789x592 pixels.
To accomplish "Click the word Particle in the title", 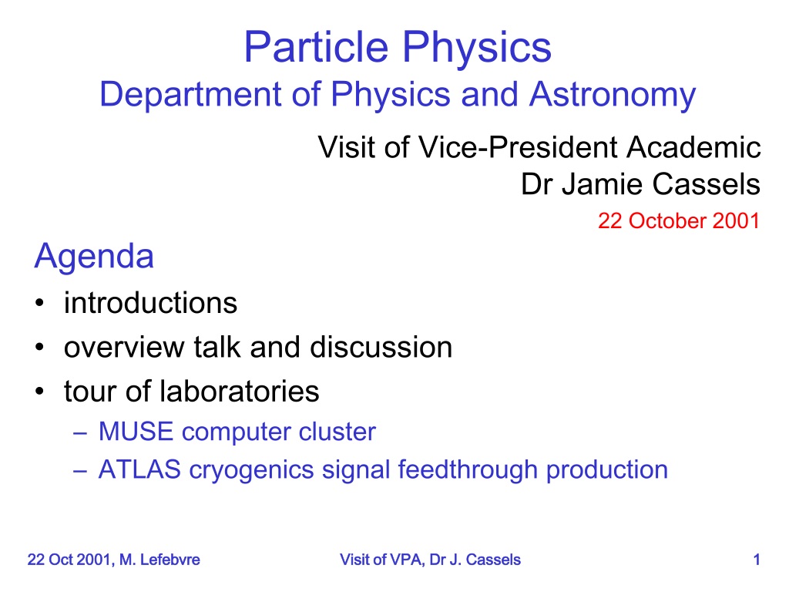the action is pyautogui.click(x=317, y=47).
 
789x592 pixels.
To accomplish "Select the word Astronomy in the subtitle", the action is pyautogui.click(x=613, y=96).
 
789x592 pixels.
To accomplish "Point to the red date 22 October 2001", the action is pyautogui.click(x=679, y=220).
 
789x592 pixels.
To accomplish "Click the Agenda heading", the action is pyautogui.click(x=94, y=257).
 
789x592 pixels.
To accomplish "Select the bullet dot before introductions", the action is pyautogui.click(x=40, y=304).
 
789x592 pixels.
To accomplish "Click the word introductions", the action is pyautogui.click(x=150, y=303).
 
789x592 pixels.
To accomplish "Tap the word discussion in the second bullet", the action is pyautogui.click(x=381, y=348).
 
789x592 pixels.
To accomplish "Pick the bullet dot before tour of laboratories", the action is pyautogui.click(x=40, y=392).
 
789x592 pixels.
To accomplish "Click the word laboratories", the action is pyautogui.click(x=240, y=391).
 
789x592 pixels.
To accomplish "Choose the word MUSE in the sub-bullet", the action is pyautogui.click(x=136, y=432).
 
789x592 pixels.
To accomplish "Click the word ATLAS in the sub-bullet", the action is pyautogui.click(x=139, y=469).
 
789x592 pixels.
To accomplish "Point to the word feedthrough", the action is pyautogui.click(x=468, y=469).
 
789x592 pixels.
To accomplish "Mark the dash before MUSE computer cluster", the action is pyautogui.click(x=80, y=433).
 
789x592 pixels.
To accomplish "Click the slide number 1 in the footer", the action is pyautogui.click(x=757, y=560).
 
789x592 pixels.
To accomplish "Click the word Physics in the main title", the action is pyautogui.click(x=476, y=48).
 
